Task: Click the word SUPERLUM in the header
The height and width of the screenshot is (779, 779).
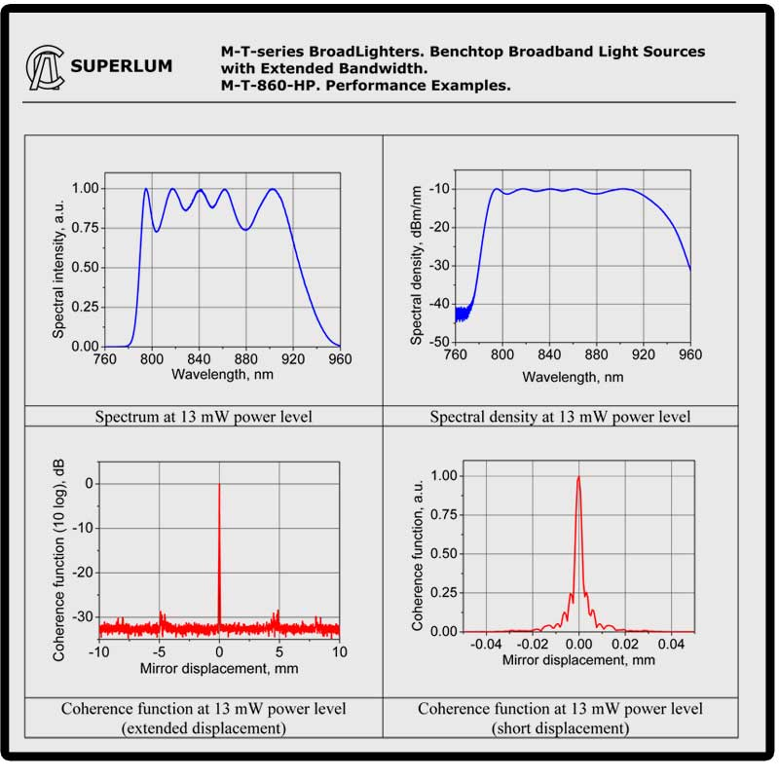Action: click(122, 67)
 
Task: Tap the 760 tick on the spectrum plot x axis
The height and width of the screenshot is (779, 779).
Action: click(103, 359)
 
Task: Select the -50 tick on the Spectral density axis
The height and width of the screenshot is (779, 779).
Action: click(437, 342)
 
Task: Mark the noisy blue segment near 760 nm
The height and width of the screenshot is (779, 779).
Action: click(464, 312)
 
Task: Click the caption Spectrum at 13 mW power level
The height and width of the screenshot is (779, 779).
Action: click(204, 417)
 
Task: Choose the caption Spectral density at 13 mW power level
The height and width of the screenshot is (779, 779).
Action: click(560, 417)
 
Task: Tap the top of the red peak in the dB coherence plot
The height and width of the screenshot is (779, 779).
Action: click(219, 485)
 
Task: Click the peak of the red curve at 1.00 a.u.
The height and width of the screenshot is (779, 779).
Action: click(578, 476)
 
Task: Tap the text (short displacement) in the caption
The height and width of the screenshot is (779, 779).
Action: click(560, 728)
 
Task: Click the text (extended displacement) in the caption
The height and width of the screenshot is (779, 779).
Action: click(204, 728)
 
